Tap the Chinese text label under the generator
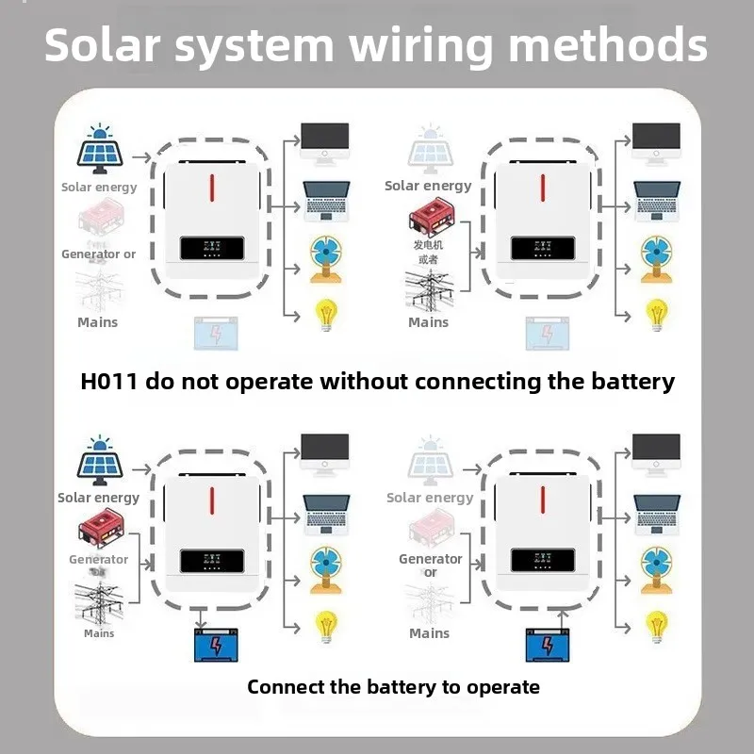(428, 252)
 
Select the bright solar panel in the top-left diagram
(99, 149)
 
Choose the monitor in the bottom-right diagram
(656, 451)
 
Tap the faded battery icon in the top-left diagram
(216, 334)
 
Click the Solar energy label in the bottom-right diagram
(430, 498)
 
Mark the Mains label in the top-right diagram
(428, 322)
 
